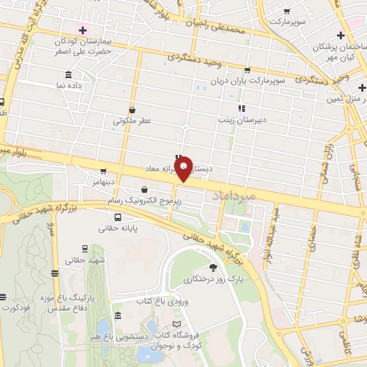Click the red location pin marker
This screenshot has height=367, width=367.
click(x=184, y=169)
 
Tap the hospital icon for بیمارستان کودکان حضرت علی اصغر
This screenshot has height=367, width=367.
click(x=83, y=30)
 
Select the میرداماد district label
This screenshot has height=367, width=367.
click(x=231, y=195)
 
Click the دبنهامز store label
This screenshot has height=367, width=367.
click(x=103, y=183)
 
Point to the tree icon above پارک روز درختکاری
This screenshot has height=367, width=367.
click(x=212, y=267)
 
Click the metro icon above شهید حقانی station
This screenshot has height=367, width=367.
click(x=85, y=249)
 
